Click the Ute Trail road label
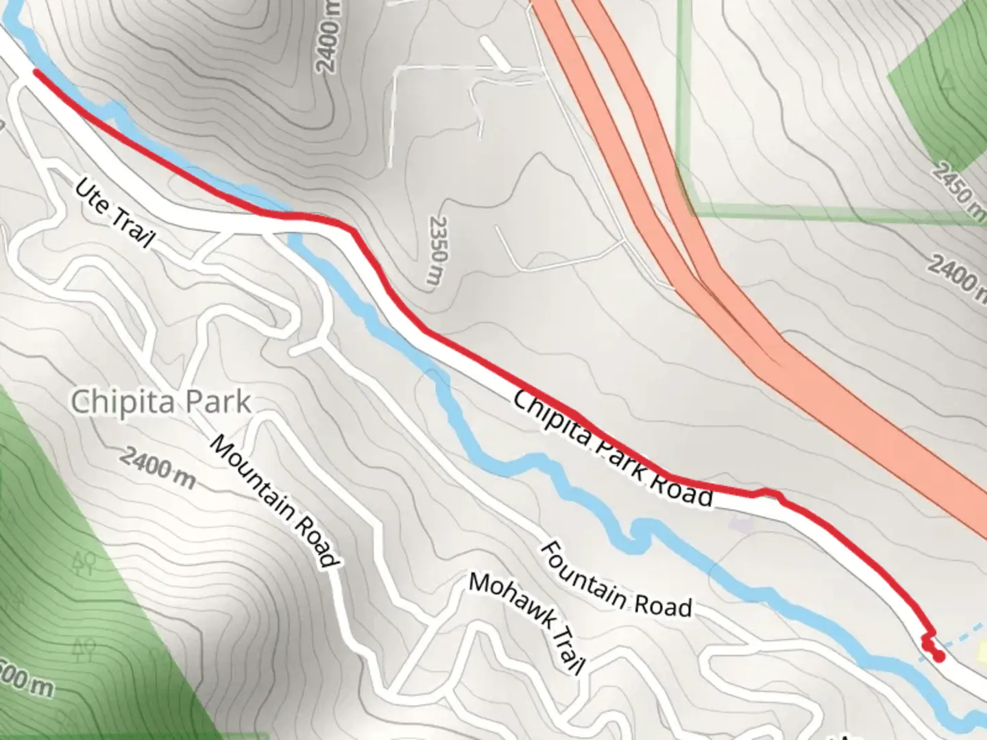[x=114, y=212]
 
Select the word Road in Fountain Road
[x=662, y=606]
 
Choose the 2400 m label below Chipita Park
[x=158, y=468]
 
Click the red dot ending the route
[x=938, y=656]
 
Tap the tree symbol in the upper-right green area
[x=948, y=82]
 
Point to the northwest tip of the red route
[x=34, y=71]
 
